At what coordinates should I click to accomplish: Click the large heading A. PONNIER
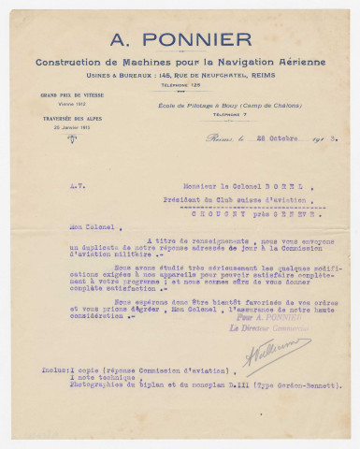click(180, 40)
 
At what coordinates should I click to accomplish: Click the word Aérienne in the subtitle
click(300, 62)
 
